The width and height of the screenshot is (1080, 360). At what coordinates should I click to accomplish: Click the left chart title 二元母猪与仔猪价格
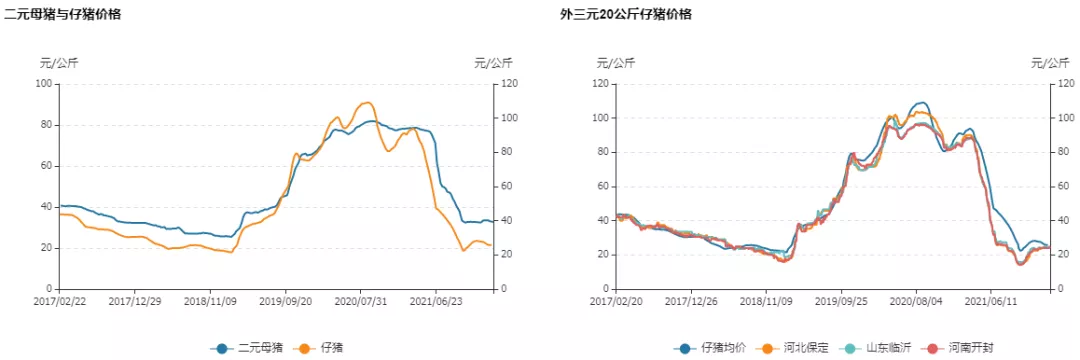point(63,15)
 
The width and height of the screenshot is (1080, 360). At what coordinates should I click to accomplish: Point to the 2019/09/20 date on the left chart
point(287,300)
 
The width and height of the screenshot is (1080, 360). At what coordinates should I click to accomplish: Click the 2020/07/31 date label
point(362,300)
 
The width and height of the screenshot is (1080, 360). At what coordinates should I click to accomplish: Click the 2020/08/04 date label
point(916,300)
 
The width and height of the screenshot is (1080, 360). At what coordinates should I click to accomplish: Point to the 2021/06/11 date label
point(990,300)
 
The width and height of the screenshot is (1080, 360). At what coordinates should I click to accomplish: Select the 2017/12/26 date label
point(691,300)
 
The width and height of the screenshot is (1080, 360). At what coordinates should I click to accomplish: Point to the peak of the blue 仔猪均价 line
point(921,102)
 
